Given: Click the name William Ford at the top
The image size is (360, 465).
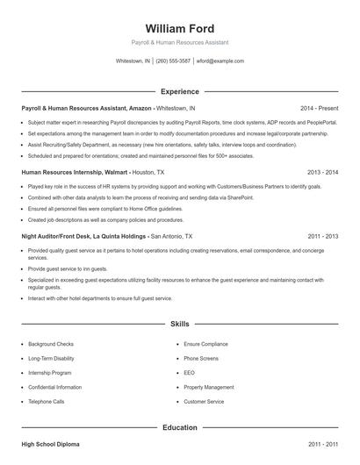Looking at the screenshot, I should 179,29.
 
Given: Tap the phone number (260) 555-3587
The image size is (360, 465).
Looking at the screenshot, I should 174,61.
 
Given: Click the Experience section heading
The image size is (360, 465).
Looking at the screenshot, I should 179,91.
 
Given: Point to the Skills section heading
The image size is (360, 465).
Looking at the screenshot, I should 179,324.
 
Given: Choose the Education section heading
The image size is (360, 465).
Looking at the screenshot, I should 179,427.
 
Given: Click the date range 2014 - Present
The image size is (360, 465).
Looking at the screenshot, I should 320,108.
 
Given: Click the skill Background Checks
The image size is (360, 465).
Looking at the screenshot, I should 52,344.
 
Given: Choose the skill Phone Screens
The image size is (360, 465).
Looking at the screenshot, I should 202,358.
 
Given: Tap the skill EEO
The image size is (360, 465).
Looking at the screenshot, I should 190,373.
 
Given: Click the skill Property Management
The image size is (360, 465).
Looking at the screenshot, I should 209,387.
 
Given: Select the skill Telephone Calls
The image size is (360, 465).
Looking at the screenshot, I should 47,401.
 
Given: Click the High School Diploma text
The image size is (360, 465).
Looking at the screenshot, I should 50,445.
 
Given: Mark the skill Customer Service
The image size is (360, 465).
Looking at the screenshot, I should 205,401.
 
